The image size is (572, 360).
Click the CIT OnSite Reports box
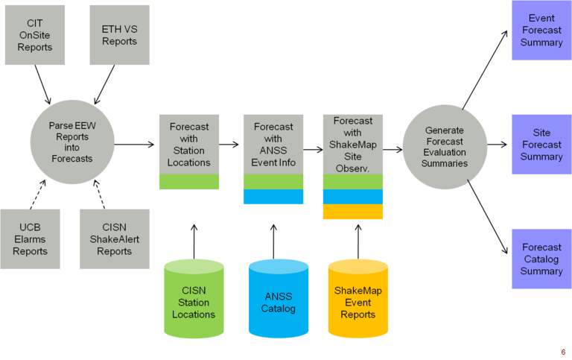pyautogui.click(x=35, y=35)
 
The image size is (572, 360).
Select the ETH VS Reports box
pyautogui.click(x=119, y=35)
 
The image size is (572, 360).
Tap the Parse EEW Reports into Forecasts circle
pyautogui.click(x=72, y=142)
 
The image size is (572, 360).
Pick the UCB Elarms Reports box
pyautogui.click(x=30, y=239)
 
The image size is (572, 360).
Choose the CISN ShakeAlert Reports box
pyautogui.click(x=114, y=239)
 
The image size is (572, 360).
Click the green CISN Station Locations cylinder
pyautogui.click(x=194, y=301)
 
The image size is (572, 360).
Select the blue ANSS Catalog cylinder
pyautogui.click(x=278, y=301)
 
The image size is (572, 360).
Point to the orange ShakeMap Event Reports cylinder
pyautogui.click(x=357, y=301)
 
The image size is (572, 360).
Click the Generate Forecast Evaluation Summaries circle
pyautogui.click(x=445, y=145)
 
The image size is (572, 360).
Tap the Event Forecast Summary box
pyautogui.click(x=541, y=31)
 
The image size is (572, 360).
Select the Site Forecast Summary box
pyautogui.click(x=541, y=145)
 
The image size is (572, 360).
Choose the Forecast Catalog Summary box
pyautogui.click(x=541, y=259)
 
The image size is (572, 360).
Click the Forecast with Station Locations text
pyautogui.click(x=189, y=145)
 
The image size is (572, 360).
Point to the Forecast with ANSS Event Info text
pyautogui.click(x=273, y=145)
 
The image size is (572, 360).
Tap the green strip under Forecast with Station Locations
pyautogui.click(x=189, y=183)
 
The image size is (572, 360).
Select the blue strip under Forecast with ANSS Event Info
pyautogui.click(x=273, y=198)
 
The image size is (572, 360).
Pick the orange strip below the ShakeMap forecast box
pyautogui.click(x=353, y=212)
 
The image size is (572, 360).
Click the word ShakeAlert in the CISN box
pyautogui.click(x=114, y=239)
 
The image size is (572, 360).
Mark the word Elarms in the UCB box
pyautogui.click(x=30, y=239)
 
